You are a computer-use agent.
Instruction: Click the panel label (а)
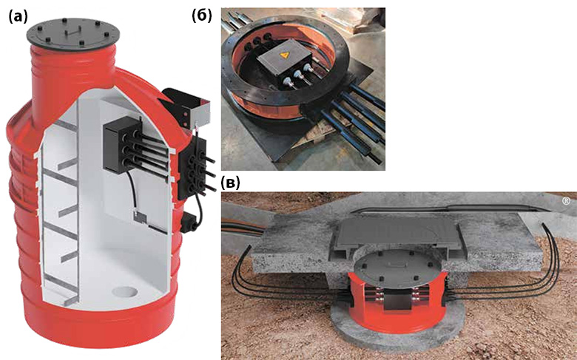pyautogui.click(x=18, y=17)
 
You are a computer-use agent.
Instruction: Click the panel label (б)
pyautogui.click(x=202, y=16)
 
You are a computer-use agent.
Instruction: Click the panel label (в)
pyautogui.click(x=231, y=183)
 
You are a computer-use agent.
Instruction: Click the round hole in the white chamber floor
pyautogui.click(x=125, y=292)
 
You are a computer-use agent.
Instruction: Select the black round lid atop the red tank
pyautogui.click(x=73, y=35)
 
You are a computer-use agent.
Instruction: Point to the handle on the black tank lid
pyautogui.click(x=74, y=33)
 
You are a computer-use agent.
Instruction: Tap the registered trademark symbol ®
pyautogui.click(x=566, y=201)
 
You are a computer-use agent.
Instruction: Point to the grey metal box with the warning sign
pyautogui.click(x=285, y=64)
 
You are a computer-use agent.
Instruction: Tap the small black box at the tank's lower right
pyautogui.click(x=190, y=223)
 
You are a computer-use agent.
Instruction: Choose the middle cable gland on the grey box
pyautogui.click(x=295, y=75)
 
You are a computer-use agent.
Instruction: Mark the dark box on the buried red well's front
pyautogui.click(x=399, y=299)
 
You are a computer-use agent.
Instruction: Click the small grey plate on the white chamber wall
pyautogui.click(x=140, y=217)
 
